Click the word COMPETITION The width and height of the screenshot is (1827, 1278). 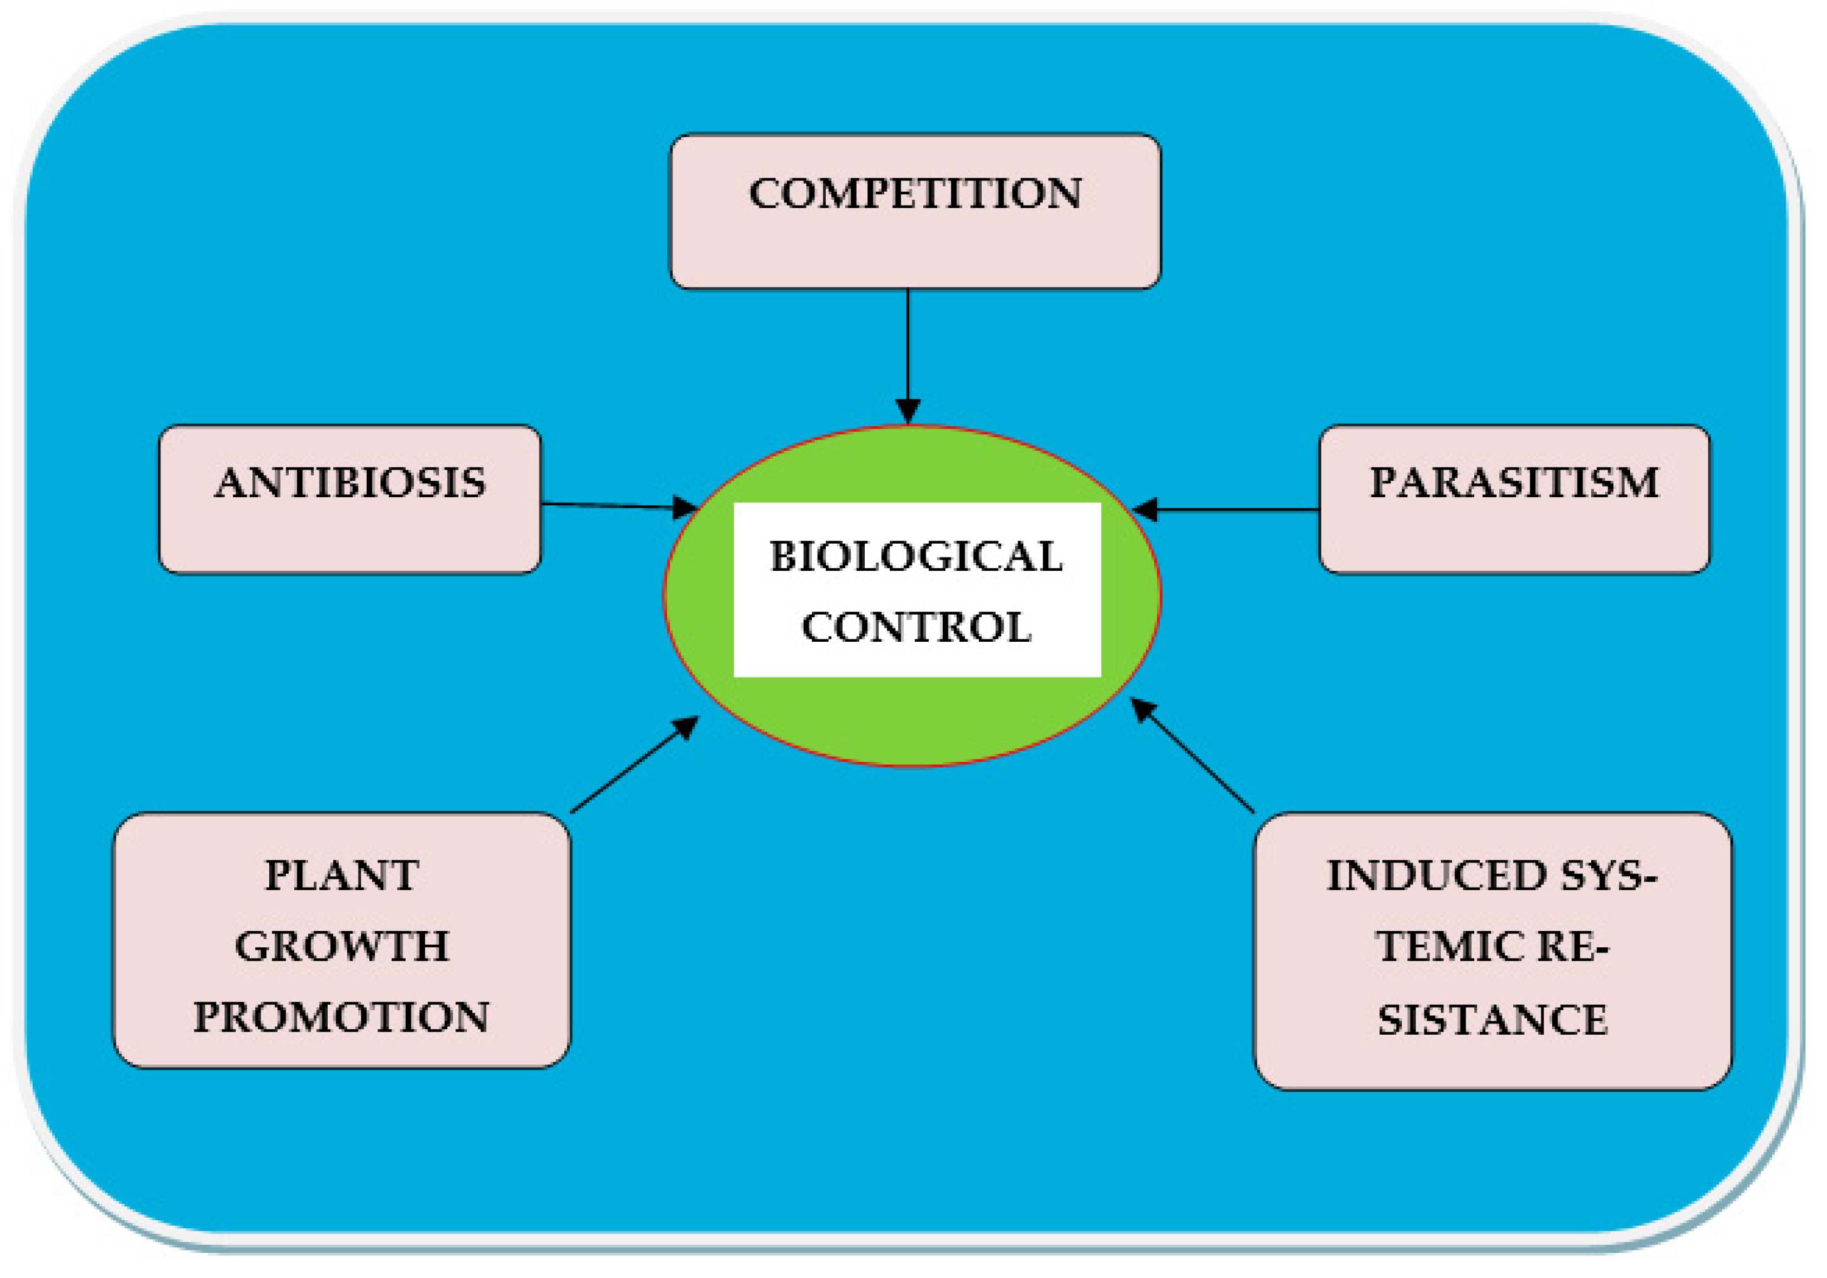coord(915,193)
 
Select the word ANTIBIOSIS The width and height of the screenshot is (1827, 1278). coord(350,483)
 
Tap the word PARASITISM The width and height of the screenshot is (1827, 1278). coord(1514,482)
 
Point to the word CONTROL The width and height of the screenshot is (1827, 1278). coord(916,627)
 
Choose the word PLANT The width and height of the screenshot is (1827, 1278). coord(342,876)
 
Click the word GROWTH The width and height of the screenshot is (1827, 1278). coord(342,946)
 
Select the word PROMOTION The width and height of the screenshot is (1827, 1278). coord(342,1016)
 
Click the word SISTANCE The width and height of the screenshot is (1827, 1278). coord(1492,1020)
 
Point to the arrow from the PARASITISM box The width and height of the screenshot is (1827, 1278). coord(1233,509)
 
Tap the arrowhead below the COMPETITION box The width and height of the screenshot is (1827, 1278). coord(908,410)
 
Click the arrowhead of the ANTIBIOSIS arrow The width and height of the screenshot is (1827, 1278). coord(685,507)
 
